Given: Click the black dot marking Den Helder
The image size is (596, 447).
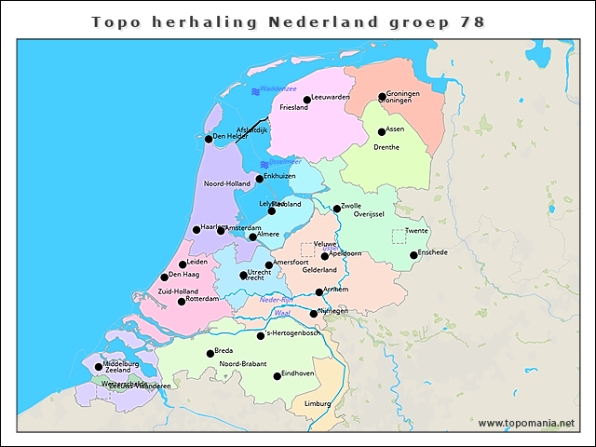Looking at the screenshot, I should click(x=209, y=140).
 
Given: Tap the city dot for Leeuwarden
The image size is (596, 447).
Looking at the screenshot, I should click(x=307, y=100).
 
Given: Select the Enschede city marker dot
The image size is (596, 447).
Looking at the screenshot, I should click(x=413, y=255).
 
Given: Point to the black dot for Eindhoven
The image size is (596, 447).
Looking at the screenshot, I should click(x=277, y=376).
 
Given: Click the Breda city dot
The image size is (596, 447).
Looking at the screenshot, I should click(x=210, y=354).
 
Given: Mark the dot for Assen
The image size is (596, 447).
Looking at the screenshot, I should click(x=382, y=132).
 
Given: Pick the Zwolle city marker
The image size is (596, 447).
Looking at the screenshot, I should click(x=337, y=209).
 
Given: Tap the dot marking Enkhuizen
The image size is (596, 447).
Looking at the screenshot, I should click(x=260, y=179).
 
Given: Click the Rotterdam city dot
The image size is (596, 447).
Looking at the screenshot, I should click(x=182, y=302).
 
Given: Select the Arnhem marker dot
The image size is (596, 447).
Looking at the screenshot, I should click(x=319, y=292).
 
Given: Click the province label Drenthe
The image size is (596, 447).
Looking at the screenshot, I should click(x=386, y=147).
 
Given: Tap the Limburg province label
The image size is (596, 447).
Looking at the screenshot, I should click(x=318, y=403).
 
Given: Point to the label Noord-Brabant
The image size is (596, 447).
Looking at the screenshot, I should click(x=243, y=363).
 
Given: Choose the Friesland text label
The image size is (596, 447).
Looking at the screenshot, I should click(x=293, y=107).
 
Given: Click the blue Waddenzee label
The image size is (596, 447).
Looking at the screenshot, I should click(x=278, y=88).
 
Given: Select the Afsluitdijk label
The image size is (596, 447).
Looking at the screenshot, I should click(x=251, y=129).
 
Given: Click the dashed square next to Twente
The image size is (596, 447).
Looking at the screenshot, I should click(x=399, y=237).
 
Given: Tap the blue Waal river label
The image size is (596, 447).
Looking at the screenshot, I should click(x=283, y=313).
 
